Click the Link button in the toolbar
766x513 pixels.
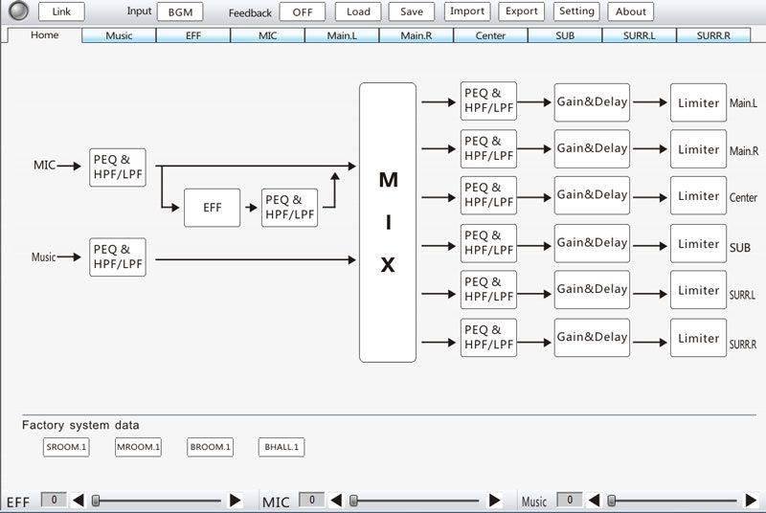point(61,11)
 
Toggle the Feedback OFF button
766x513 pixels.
point(303,12)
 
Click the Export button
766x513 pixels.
point(521,11)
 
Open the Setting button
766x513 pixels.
point(576,11)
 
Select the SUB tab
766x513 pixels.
point(565,35)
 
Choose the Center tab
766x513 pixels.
point(490,35)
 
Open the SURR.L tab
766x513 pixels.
point(639,35)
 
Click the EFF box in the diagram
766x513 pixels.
point(212,208)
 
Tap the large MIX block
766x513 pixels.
point(388,223)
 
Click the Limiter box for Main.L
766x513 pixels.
point(698,102)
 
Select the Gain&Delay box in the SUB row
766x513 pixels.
point(592,243)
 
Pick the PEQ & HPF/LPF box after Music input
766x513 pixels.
point(118,257)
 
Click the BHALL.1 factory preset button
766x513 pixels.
point(282,447)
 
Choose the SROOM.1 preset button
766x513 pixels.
point(66,447)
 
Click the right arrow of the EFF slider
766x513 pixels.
point(235,501)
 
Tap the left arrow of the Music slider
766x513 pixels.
point(594,501)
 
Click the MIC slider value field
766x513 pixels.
point(311,500)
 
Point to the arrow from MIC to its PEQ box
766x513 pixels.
point(69,166)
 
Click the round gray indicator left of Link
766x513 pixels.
point(18,11)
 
